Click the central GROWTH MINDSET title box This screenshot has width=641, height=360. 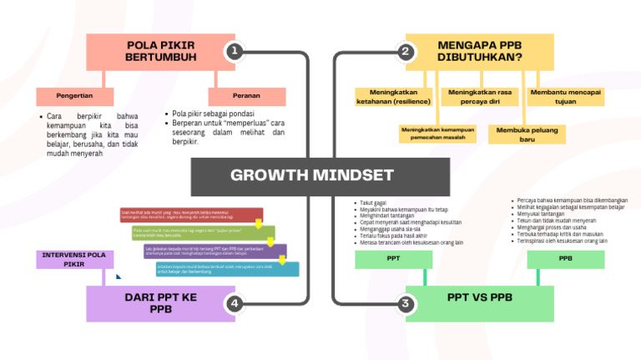pos(312,175)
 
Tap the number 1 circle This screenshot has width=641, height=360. pos(235,52)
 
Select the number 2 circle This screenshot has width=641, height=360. pos(406,52)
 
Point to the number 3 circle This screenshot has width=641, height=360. pos(406,303)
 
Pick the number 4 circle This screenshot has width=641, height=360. pos(235,303)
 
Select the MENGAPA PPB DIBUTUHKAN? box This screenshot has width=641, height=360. pos(480,52)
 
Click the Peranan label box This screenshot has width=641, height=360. pos(246,96)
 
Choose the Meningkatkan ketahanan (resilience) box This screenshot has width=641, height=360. pos(393,97)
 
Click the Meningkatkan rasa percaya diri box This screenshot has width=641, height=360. pos(480,97)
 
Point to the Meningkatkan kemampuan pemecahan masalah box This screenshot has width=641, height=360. pos(437,134)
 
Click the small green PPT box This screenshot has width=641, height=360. pos(393,259)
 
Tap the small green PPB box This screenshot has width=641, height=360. pos(565,259)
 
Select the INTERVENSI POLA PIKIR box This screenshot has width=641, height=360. pos(73,259)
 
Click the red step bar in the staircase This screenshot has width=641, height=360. pos(191,215)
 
